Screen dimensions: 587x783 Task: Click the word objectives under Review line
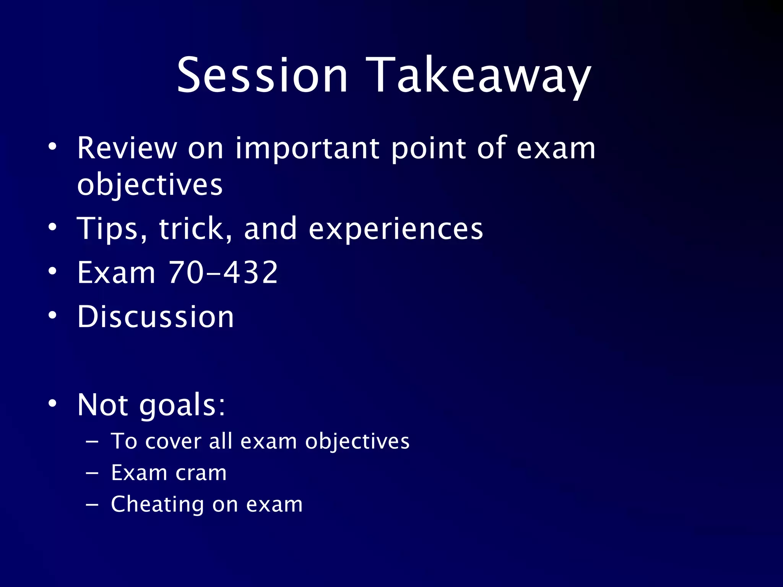(150, 185)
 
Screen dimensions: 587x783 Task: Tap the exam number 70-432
(223, 272)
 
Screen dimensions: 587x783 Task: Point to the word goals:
(182, 405)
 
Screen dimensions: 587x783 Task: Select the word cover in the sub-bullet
(173, 441)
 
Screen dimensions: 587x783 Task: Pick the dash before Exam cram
(92, 473)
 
